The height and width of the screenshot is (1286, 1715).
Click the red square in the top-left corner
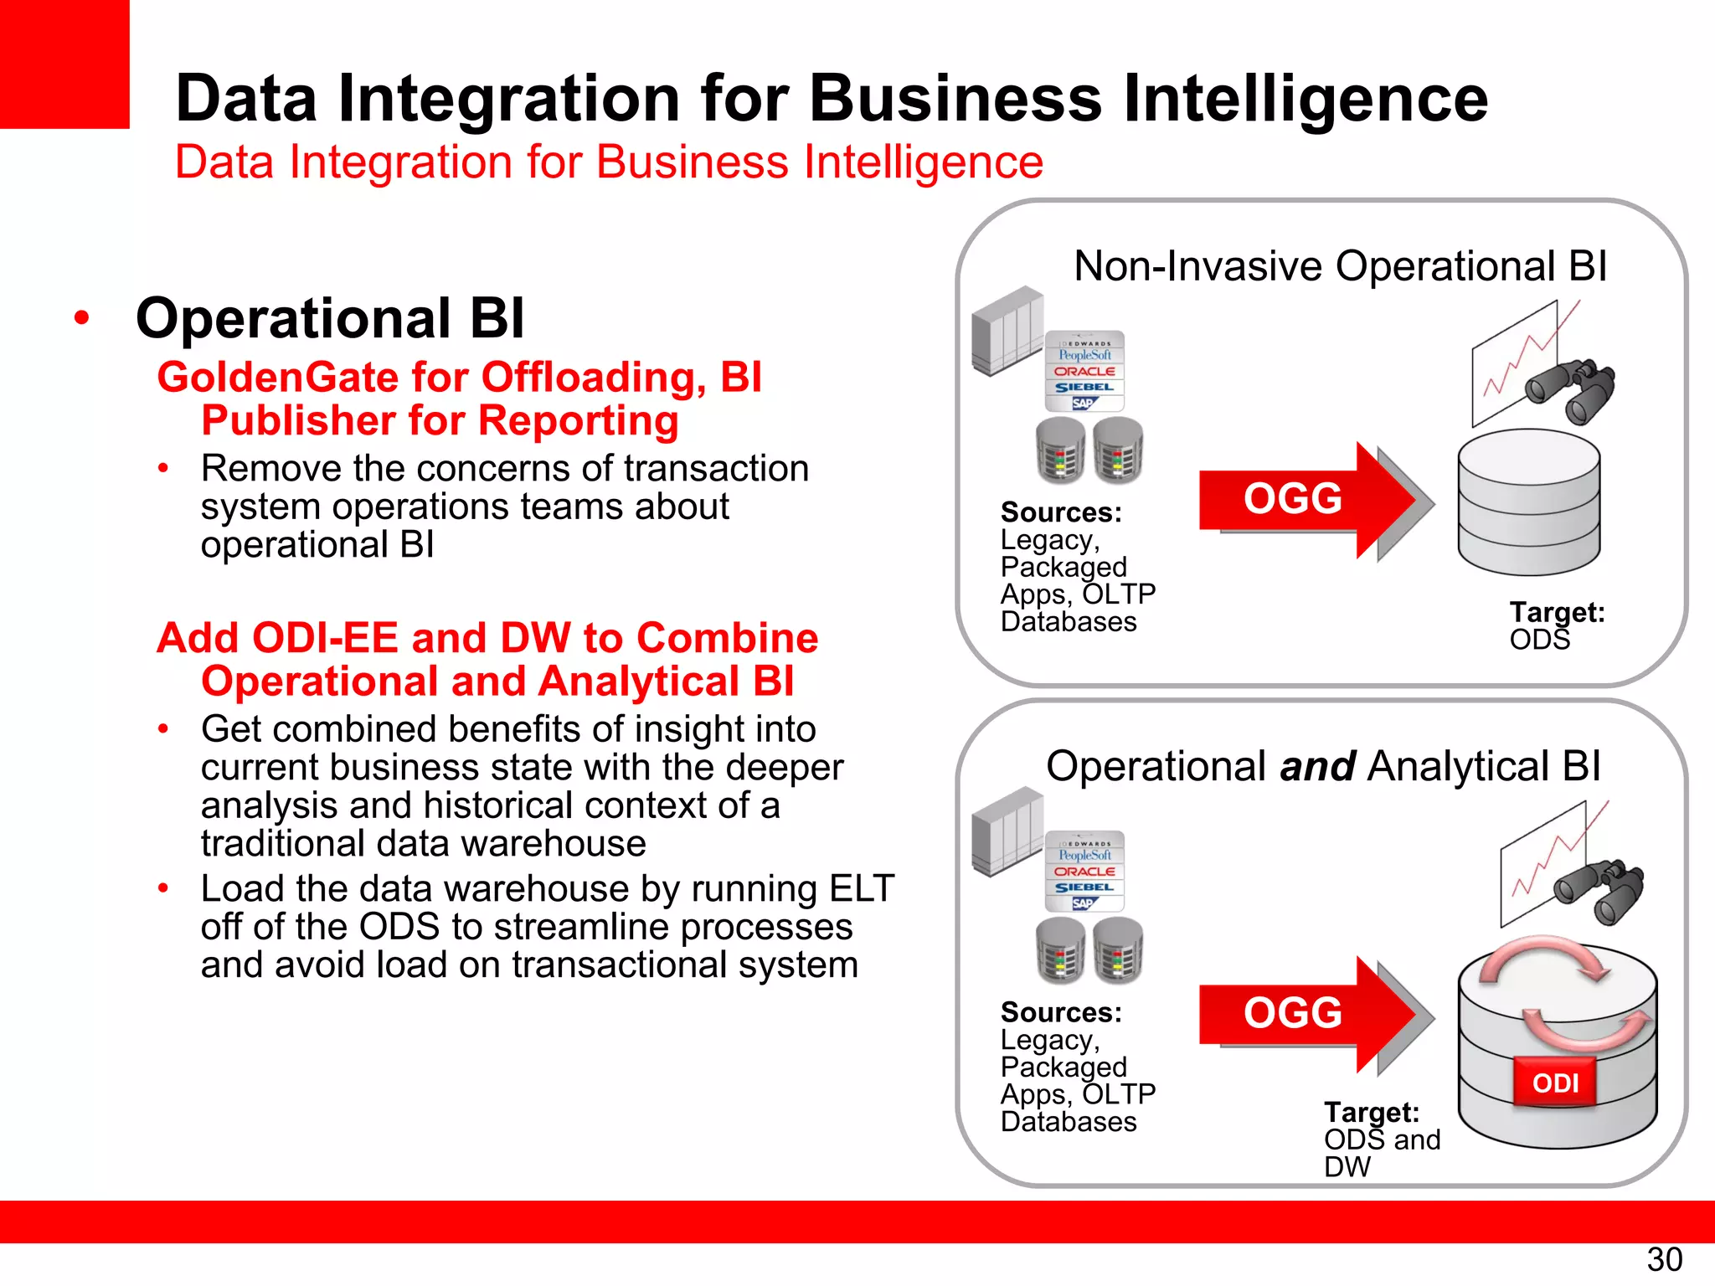pos(64,64)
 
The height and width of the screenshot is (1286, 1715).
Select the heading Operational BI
pos(330,319)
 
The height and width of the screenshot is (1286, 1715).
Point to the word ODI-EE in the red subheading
pos(325,638)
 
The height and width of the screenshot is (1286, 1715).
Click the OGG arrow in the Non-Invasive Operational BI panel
pos(1306,500)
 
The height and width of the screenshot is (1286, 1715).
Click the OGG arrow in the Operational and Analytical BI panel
pos(1306,1014)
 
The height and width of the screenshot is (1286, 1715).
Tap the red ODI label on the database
pos(1555,1083)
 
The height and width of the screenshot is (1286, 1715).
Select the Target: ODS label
pos(1556,625)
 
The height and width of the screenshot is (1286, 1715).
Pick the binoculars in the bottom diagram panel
pos(1599,892)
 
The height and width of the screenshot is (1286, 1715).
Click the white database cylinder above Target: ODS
pos(1528,502)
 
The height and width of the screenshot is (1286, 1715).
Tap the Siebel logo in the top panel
pos(1084,388)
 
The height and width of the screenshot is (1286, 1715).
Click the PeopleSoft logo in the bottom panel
pos(1084,855)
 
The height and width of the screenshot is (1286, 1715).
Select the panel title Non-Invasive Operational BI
pos(1340,266)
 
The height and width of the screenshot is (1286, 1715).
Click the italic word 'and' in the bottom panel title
pos(1317,767)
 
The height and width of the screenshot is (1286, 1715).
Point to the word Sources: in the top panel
pos(1060,512)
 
